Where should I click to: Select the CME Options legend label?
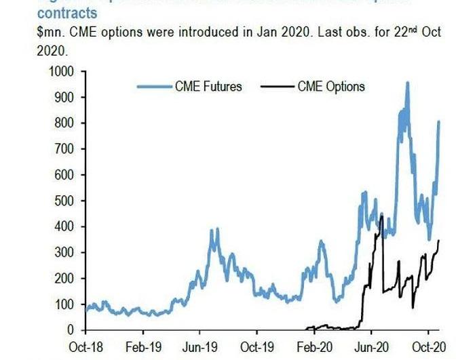pyautogui.click(x=331, y=86)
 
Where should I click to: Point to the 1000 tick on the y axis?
pyautogui.click(x=60, y=71)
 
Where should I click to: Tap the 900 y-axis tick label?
pyautogui.click(x=63, y=97)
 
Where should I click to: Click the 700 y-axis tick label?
pyautogui.click(x=63, y=148)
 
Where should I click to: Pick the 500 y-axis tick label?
pyautogui.click(x=63, y=201)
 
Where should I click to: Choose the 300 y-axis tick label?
pyautogui.click(x=63, y=252)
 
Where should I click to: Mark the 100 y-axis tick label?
pyautogui.click(x=63, y=304)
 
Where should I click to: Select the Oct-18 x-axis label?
pyautogui.click(x=85, y=344)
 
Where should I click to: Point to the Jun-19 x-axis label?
pyautogui.click(x=199, y=344)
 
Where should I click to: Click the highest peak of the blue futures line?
pyautogui.click(x=407, y=83)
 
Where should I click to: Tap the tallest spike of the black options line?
pyautogui.click(x=381, y=216)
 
